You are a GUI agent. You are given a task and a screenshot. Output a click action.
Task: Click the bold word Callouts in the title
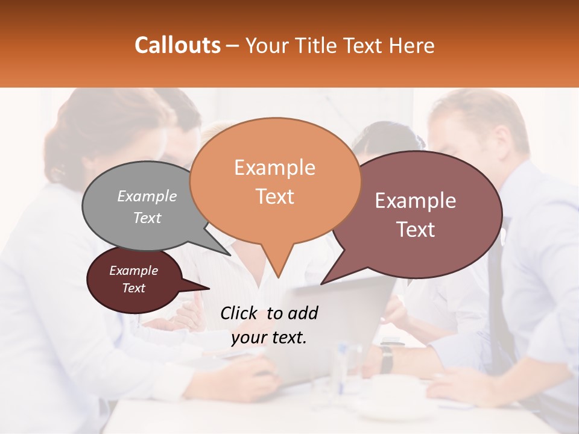(177, 45)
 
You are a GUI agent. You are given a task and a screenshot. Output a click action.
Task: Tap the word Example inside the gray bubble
(147, 196)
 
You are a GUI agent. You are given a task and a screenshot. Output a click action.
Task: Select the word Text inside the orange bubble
(275, 197)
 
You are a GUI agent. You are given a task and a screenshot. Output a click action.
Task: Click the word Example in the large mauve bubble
(416, 201)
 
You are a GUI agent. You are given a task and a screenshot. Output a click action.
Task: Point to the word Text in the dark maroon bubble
(134, 288)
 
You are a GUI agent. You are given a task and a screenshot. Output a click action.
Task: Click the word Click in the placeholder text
(239, 313)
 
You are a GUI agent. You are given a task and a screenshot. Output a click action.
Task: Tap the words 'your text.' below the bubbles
(269, 338)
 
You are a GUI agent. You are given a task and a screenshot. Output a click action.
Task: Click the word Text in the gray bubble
(147, 218)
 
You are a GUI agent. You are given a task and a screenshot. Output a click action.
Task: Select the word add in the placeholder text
(303, 313)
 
